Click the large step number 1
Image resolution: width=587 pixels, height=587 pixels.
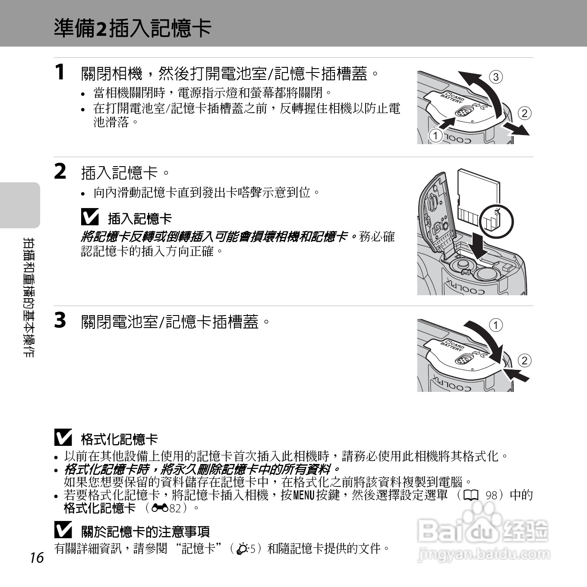tap(60, 72)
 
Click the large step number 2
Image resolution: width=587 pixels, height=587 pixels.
tap(60, 171)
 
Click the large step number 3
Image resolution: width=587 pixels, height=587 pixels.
tap(60, 320)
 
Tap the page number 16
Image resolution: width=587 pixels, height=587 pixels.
tap(37, 558)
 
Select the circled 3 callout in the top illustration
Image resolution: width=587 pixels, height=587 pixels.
tap(496, 77)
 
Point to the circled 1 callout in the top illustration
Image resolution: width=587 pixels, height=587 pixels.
tap(436, 136)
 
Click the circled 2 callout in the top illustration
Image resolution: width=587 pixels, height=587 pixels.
tap(524, 114)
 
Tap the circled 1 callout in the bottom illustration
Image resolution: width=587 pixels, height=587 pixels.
tap(496, 325)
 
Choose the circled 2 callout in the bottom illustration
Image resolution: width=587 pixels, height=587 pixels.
tap(524, 360)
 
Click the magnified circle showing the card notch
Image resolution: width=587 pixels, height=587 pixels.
tap(496, 220)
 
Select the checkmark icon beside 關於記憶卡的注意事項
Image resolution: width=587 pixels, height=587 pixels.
tap(63, 530)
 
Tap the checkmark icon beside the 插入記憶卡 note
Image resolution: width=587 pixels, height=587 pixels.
tap(89, 217)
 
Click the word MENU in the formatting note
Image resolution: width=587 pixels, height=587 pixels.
tap(303, 495)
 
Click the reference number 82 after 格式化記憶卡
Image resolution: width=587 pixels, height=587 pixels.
tap(175, 508)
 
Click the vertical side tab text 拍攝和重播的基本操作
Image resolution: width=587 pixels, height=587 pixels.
tap(29, 298)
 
